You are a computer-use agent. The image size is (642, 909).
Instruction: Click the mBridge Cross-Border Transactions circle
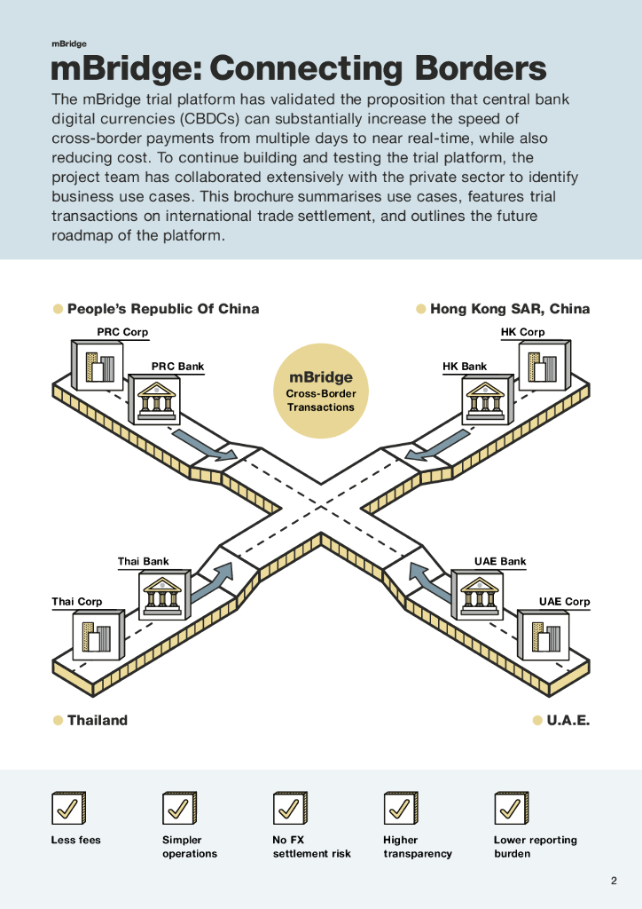[320, 391]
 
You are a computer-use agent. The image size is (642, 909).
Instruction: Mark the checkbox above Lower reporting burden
[511, 808]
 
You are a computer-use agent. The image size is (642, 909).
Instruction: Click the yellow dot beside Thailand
[58, 720]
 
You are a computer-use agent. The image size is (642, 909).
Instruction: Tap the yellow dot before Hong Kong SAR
[421, 309]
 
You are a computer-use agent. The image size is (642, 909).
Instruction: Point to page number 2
[614, 881]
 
